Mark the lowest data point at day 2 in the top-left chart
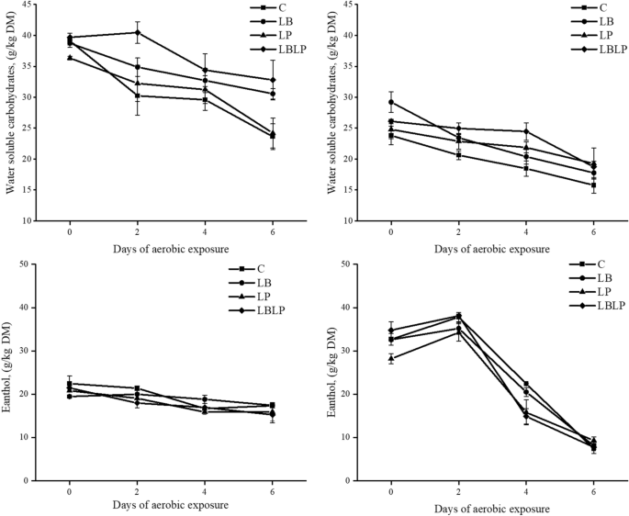(x=138, y=95)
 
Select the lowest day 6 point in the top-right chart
(x=593, y=185)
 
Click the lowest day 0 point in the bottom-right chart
(x=392, y=358)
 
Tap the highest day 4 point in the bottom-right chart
(x=526, y=384)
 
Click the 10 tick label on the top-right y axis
(x=350, y=221)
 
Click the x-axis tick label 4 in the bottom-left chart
(x=204, y=492)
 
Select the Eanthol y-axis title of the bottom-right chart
(x=333, y=372)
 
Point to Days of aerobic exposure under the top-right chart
(x=491, y=249)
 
